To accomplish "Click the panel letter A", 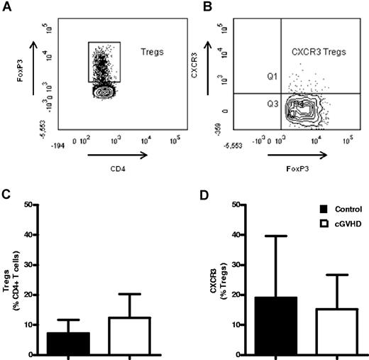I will click(6, 7).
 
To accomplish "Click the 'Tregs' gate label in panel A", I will click(145, 53).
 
